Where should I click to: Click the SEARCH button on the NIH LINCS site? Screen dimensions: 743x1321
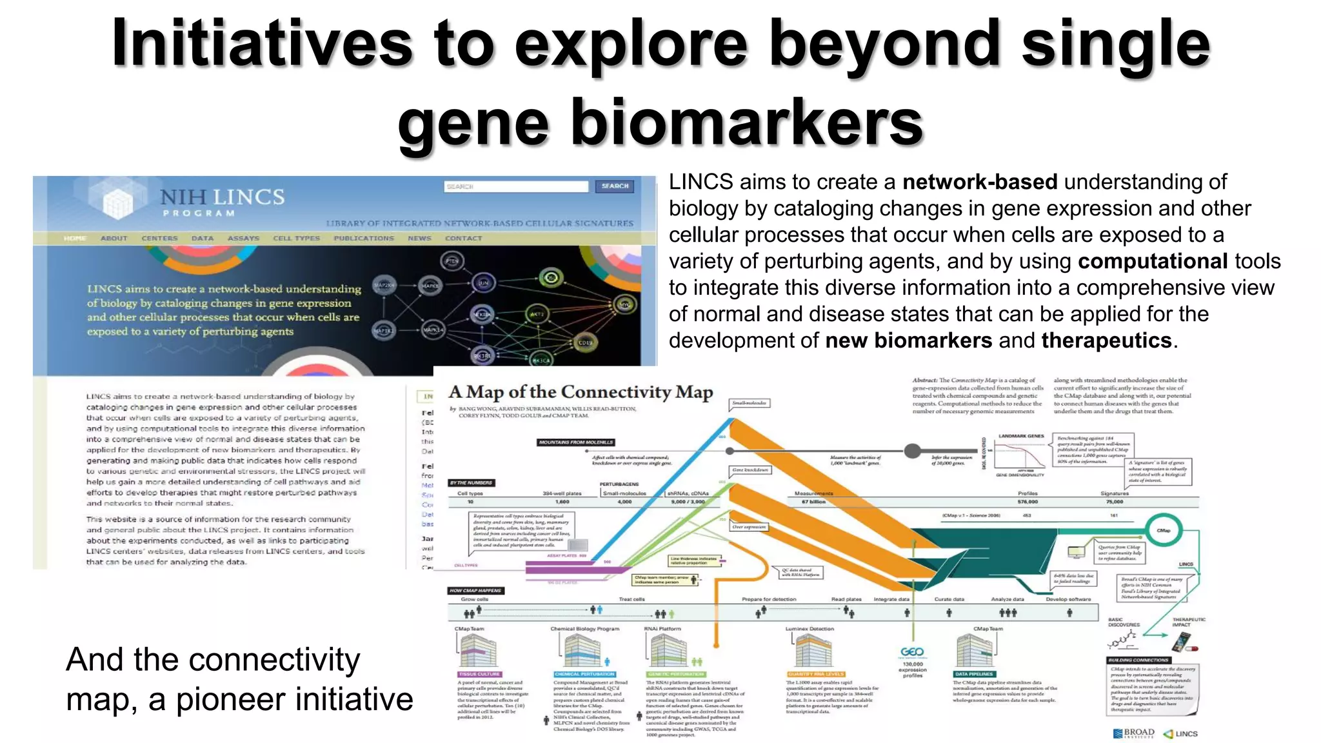coord(615,186)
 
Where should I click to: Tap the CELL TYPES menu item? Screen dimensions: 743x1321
coord(296,239)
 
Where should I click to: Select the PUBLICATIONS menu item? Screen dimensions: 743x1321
coord(363,239)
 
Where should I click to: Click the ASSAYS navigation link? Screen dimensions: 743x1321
coord(243,239)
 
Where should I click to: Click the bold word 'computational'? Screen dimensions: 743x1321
coord(1152,262)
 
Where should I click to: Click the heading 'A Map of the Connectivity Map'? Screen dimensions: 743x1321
coord(581,392)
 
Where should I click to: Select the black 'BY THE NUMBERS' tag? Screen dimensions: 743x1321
coord(472,482)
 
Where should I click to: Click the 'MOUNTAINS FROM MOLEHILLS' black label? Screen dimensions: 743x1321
coord(576,442)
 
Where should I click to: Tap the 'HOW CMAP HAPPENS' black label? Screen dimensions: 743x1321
coord(476,590)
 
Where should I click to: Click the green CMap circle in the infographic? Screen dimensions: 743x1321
coord(1164,530)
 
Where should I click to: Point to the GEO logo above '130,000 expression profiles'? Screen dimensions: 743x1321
coord(911,652)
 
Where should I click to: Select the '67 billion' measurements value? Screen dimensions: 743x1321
coord(813,502)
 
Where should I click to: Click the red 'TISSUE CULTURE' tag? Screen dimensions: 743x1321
coord(479,674)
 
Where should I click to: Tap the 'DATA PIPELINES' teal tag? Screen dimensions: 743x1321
coord(974,674)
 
